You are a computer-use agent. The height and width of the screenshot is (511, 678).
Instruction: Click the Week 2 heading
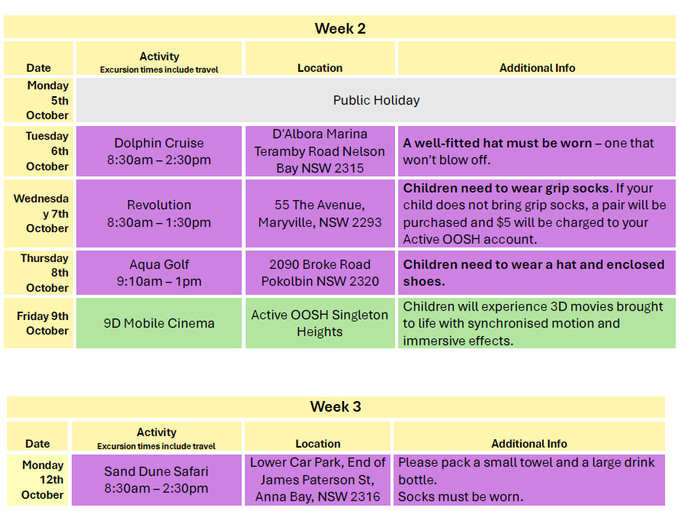(x=340, y=28)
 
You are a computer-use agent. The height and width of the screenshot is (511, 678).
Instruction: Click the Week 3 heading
(x=336, y=406)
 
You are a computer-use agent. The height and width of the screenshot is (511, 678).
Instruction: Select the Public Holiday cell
(x=376, y=100)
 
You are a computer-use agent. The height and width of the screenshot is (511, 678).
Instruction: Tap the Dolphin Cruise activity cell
(x=159, y=151)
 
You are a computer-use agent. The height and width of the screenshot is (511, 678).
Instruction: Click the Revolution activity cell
(x=159, y=214)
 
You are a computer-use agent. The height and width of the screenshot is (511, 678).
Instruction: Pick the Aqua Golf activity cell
(x=159, y=273)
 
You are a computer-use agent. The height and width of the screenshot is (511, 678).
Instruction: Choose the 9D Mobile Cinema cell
(x=159, y=323)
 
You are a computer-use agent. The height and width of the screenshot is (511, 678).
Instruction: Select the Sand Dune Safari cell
(x=156, y=480)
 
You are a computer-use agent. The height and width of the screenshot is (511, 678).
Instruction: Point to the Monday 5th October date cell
(x=38, y=100)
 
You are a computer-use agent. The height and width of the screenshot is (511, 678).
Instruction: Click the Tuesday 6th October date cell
(x=38, y=151)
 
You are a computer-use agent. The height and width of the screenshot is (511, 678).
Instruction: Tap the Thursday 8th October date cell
(x=38, y=273)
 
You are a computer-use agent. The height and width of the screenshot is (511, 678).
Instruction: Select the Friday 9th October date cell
(x=38, y=323)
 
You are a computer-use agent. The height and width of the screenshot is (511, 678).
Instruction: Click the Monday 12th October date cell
(x=37, y=480)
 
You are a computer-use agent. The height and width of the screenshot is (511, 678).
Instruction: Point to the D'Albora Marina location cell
(x=320, y=151)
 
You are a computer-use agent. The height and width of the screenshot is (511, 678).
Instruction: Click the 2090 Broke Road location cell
(x=320, y=273)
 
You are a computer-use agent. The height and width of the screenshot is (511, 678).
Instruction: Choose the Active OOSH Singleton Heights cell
(x=320, y=323)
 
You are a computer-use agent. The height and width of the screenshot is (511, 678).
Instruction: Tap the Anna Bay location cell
(x=318, y=480)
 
